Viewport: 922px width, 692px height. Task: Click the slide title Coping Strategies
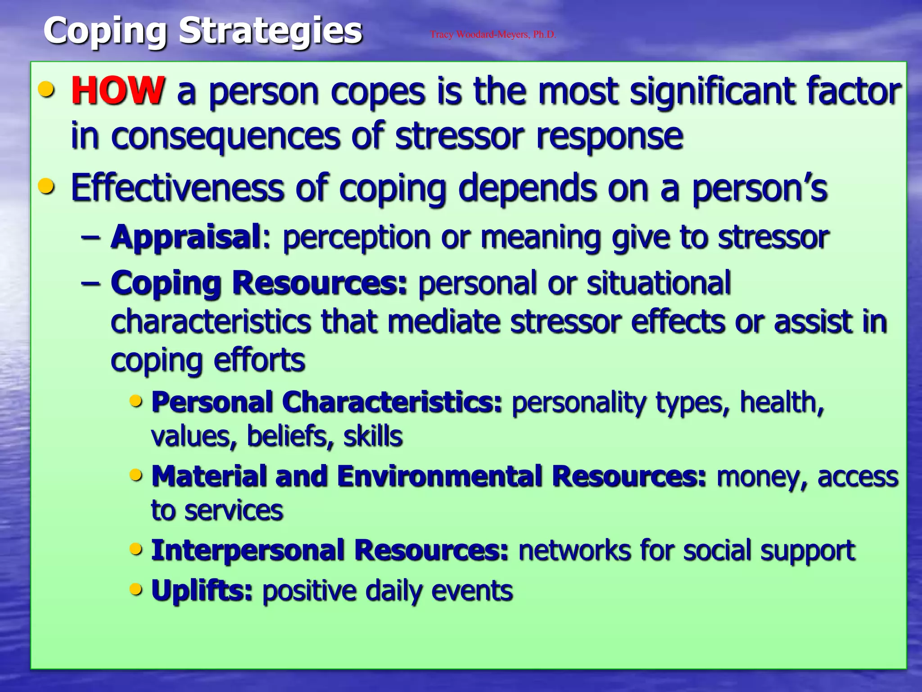click(x=203, y=31)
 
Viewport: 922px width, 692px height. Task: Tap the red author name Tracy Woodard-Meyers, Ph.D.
click(x=493, y=35)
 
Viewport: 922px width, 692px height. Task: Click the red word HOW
click(x=118, y=91)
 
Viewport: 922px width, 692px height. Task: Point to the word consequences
click(x=226, y=137)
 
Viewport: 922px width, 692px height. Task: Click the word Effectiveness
click(x=177, y=188)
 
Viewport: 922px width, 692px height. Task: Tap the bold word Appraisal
click(x=186, y=237)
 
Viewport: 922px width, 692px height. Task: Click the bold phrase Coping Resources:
click(x=259, y=283)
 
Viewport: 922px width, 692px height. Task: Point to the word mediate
click(x=443, y=322)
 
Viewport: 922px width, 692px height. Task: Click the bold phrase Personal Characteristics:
click(x=326, y=402)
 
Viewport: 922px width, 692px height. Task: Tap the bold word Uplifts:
click(x=202, y=591)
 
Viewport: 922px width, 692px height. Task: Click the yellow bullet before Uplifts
click(x=136, y=589)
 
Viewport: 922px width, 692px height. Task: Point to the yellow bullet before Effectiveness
click(x=47, y=186)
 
